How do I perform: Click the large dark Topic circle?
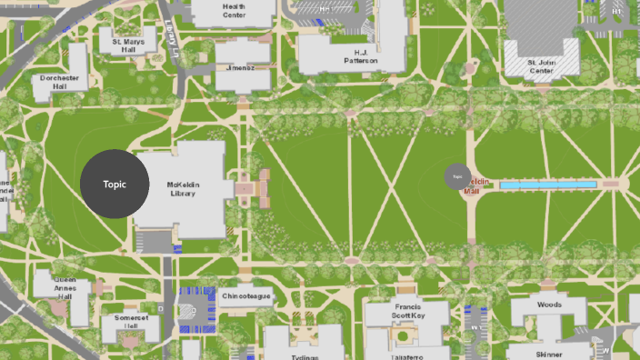pyautogui.click(x=115, y=184)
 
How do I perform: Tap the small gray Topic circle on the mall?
pyautogui.click(x=456, y=176)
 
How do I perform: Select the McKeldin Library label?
pyautogui.click(x=183, y=188)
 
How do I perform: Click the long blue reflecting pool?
pyautogui.click(x=548, y=185)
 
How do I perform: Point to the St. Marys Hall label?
pyautogui.click(x=127, y=45)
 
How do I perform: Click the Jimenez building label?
pyautogui.click(x=241, y=67)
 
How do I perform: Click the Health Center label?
pyautogui.click(x=235, y=10)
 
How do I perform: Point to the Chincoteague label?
pyautogui.click(x=245, y=296)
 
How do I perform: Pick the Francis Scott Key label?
pyautogui.click(x=407, y=311)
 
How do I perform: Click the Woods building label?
pyautogui.click(x=549, y=305)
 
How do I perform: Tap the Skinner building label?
pyautogui.click(x=548, y=354)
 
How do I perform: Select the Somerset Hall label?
pyautogui.click(x=131, y=322)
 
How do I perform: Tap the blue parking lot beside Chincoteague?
pyautogui.click(x=195, y=300)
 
